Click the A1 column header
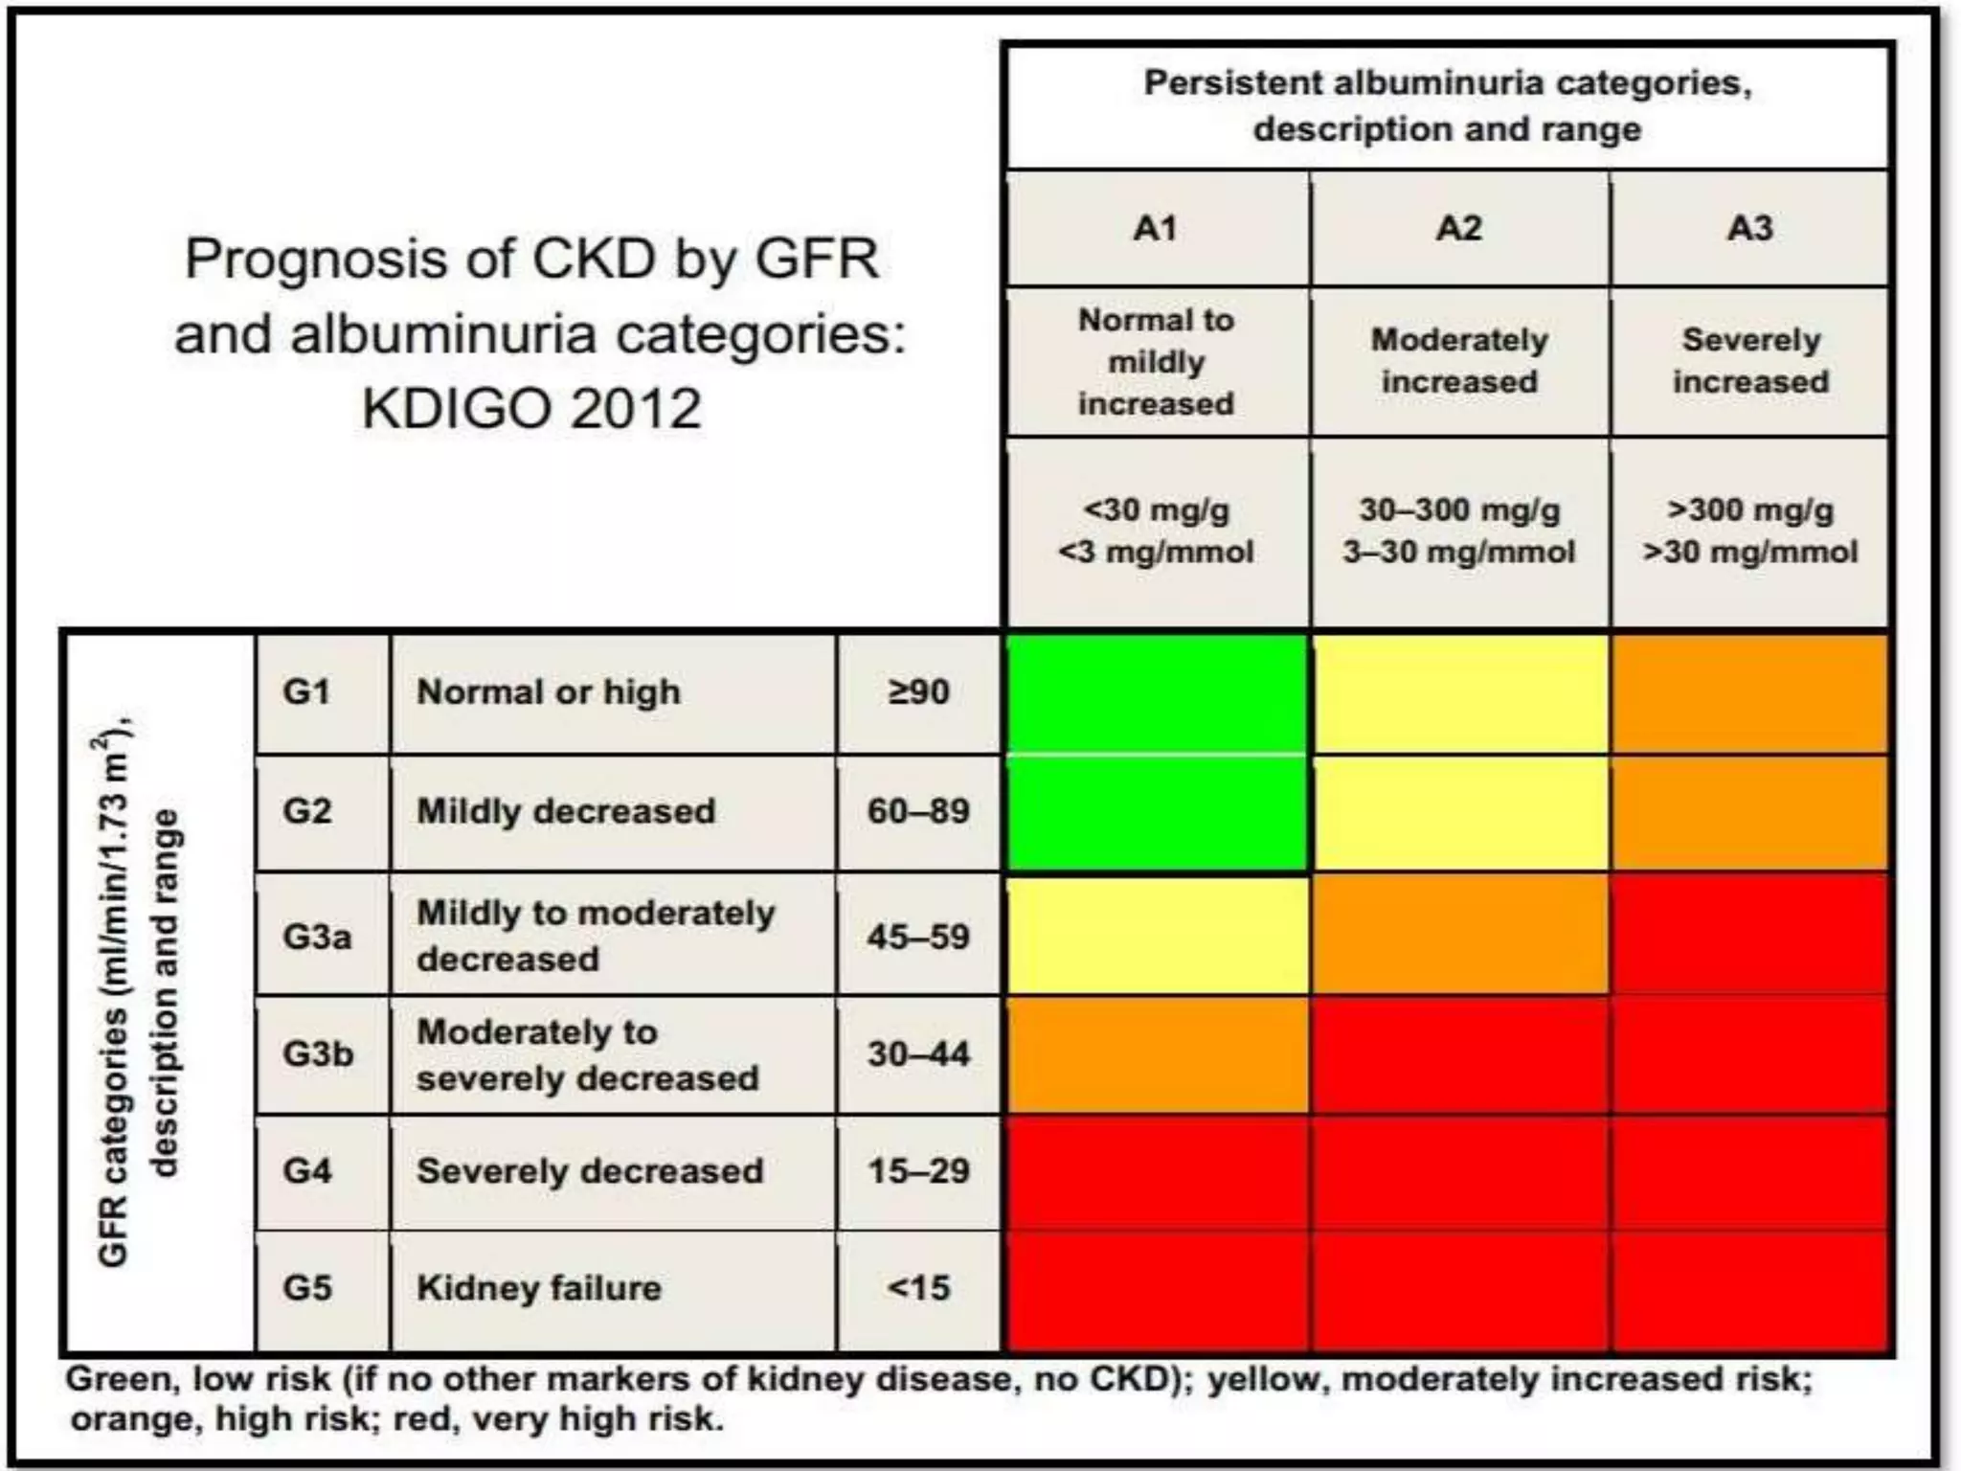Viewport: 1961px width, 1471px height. pyautogui.click(x=1156, y=228)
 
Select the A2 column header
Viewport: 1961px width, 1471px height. pyautogui.click(x=1458, y=228)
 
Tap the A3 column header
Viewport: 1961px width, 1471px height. pyautogui.click(x=1749, y=228)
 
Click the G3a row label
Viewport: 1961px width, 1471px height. pyautogui.click(x=316, y=936)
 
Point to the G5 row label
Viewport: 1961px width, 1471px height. pyautogui.click(x=306, y=1288)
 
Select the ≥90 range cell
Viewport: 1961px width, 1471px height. pyautogui.click(x=917, y=691)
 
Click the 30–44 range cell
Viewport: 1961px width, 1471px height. pyautogui.click(x=917, y=1053)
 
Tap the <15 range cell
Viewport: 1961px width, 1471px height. pyautogui.click(x=917, y=1288)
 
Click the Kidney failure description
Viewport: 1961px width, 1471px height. pyautogui.click(x=539, y=1288)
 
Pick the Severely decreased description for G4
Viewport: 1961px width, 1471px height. pyautogui.click(x=590, y=1171)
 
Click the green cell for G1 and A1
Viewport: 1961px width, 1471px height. pyautogui.click(x=1156, y=693)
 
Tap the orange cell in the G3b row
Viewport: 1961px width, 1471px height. pyautogui.click(x=1156, y=1053)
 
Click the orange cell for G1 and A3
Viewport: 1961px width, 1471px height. pyautogui.click(x=1749, y=693)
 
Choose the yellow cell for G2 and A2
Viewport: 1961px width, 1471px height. pyautogui.click(x=1458, y=812)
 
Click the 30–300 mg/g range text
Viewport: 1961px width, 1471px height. pyautogui.click(x=1458, y=509)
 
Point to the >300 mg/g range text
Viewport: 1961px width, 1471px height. pyautogui.click(x=1749, y=509)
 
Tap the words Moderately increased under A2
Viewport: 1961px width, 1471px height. pyautogui.click(x=1458, y=361)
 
